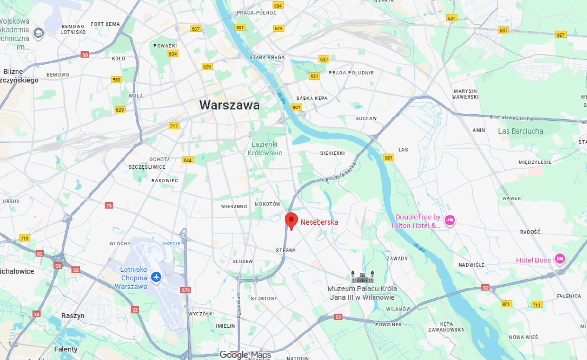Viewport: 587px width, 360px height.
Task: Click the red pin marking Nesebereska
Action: [291, 221]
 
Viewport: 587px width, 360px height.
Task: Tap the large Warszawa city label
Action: [229, 105]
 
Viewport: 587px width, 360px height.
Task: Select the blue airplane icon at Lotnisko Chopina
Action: [156, 278]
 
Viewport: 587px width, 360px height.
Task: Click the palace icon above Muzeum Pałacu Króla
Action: [362, 277]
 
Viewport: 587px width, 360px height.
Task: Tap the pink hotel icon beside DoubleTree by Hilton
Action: [450, 220]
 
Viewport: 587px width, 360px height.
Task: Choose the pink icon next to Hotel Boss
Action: [560, 259]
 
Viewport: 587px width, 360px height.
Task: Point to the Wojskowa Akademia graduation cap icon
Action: [38, 33]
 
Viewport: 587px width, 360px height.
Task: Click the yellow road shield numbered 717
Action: [174, 126]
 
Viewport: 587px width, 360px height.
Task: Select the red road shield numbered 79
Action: [109, 206]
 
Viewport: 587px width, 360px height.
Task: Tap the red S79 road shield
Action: [186, 290]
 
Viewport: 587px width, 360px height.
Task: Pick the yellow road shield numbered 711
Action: [536, 305]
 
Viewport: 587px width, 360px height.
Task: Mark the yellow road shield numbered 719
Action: [25, 238]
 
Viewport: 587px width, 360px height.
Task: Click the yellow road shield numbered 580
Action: [116, 80]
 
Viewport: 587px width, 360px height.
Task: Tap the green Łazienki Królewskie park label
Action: [265, 148]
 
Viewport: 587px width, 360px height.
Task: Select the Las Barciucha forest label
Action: [520, 131]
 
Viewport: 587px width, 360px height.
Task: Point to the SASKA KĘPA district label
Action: [311, 99]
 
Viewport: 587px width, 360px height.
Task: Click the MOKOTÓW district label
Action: [267, 204]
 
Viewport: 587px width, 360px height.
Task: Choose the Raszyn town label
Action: [73, 316]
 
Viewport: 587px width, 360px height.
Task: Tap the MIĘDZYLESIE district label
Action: [535, 162]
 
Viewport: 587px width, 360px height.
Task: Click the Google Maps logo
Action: [245, 355]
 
